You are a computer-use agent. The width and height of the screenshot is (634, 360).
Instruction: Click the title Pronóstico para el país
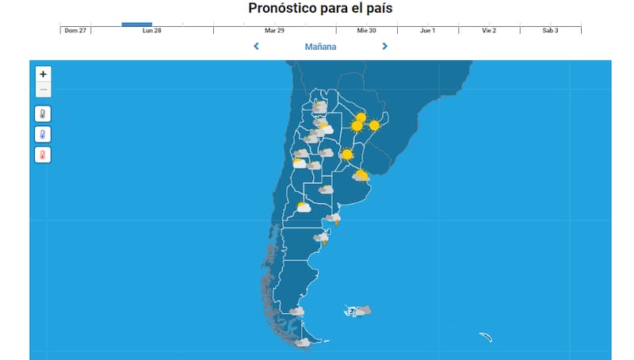tap(320, 9)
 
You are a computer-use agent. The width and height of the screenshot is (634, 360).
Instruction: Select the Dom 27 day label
tap(75, 30)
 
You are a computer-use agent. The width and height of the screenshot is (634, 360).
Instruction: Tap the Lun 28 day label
tap(152, 30)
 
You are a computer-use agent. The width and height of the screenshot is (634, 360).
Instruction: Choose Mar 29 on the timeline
tap(275, 30)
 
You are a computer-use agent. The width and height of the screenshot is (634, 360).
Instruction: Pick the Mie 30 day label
tap(366, 30)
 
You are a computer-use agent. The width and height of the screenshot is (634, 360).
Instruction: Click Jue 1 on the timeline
tap(427, 30)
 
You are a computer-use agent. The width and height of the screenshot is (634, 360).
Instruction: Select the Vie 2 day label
tap(489, 30)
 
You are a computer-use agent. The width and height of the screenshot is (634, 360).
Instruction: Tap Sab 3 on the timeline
tap(550, 30)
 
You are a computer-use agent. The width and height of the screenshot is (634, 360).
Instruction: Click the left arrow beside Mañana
tap(256, 46)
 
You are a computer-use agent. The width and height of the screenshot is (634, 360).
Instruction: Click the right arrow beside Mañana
tap(385, 46)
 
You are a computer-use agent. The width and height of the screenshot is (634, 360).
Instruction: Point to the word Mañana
tap(320, 47)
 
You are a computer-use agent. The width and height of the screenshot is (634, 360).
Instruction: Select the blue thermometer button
tap(43, 134)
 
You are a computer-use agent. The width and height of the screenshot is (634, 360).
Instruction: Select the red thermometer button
tap(43, 155)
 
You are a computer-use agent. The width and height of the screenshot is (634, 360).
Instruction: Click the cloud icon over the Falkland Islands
tap(361, 312)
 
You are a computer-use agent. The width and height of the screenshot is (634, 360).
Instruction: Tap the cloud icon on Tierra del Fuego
tap(302, 343)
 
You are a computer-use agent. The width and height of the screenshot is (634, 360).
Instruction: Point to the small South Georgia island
tap(486, 337)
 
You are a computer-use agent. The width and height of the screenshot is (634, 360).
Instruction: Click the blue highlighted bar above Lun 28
tap(136, 24)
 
